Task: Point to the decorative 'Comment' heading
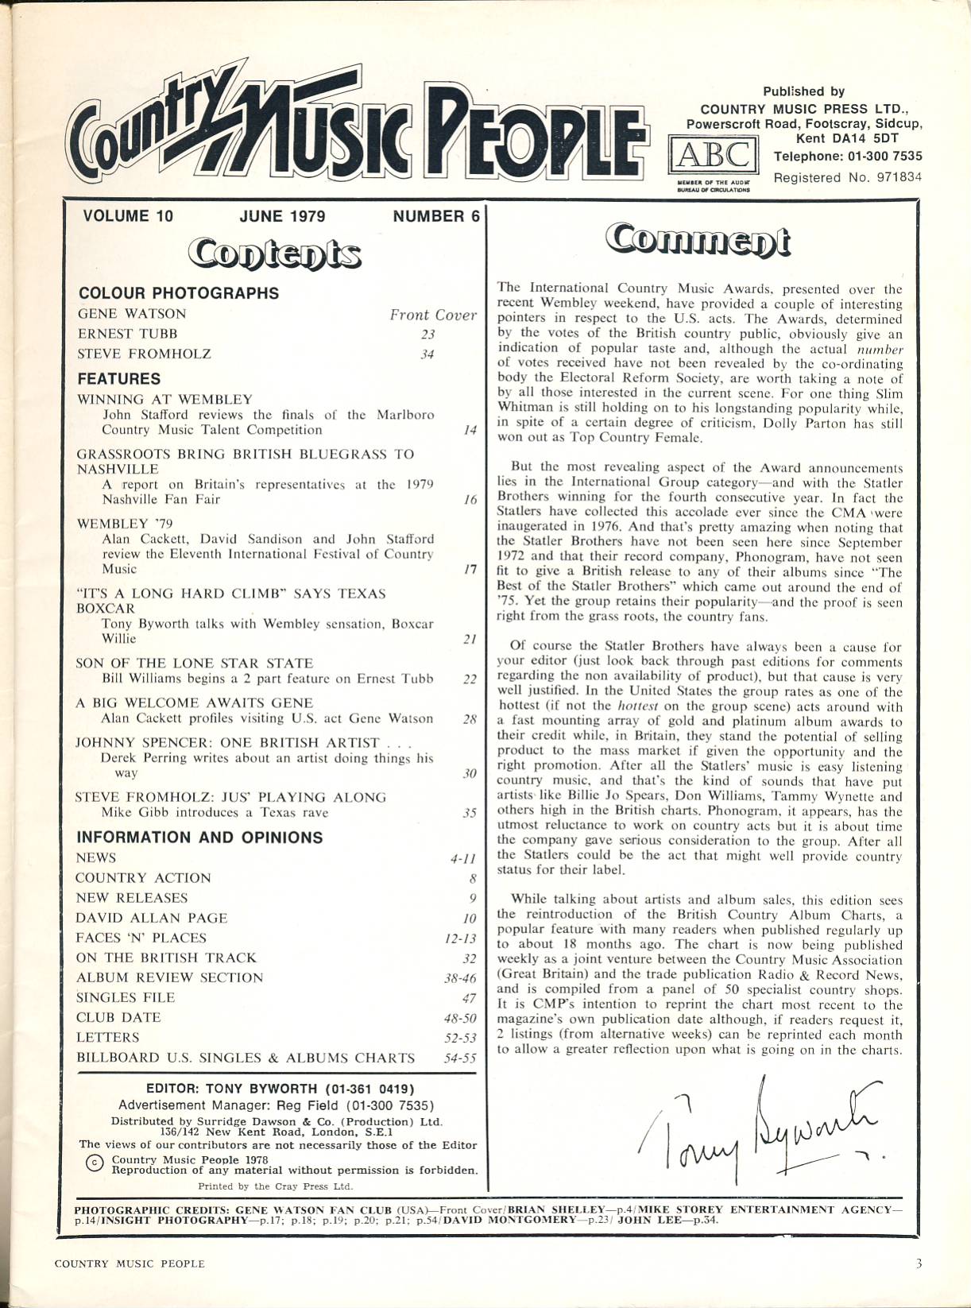coord(698,241)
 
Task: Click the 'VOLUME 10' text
coord(127,216)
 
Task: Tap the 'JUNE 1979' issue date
coord(282,216)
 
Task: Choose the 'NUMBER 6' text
coord(436,216)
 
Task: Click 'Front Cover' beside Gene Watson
coord(432,315)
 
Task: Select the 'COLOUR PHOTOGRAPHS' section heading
coord(179,293)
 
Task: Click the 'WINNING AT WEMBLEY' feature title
coord(164,399)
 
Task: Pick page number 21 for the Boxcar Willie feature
coord(469,639)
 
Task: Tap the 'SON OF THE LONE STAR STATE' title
coord(194,663)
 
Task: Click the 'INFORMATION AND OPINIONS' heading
coord(199,838)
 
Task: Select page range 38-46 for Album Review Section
coord(460,978)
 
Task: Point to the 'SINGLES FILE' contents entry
coord(125,997)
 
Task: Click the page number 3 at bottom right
coord(919,1263)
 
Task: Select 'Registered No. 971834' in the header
coord(847,178)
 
